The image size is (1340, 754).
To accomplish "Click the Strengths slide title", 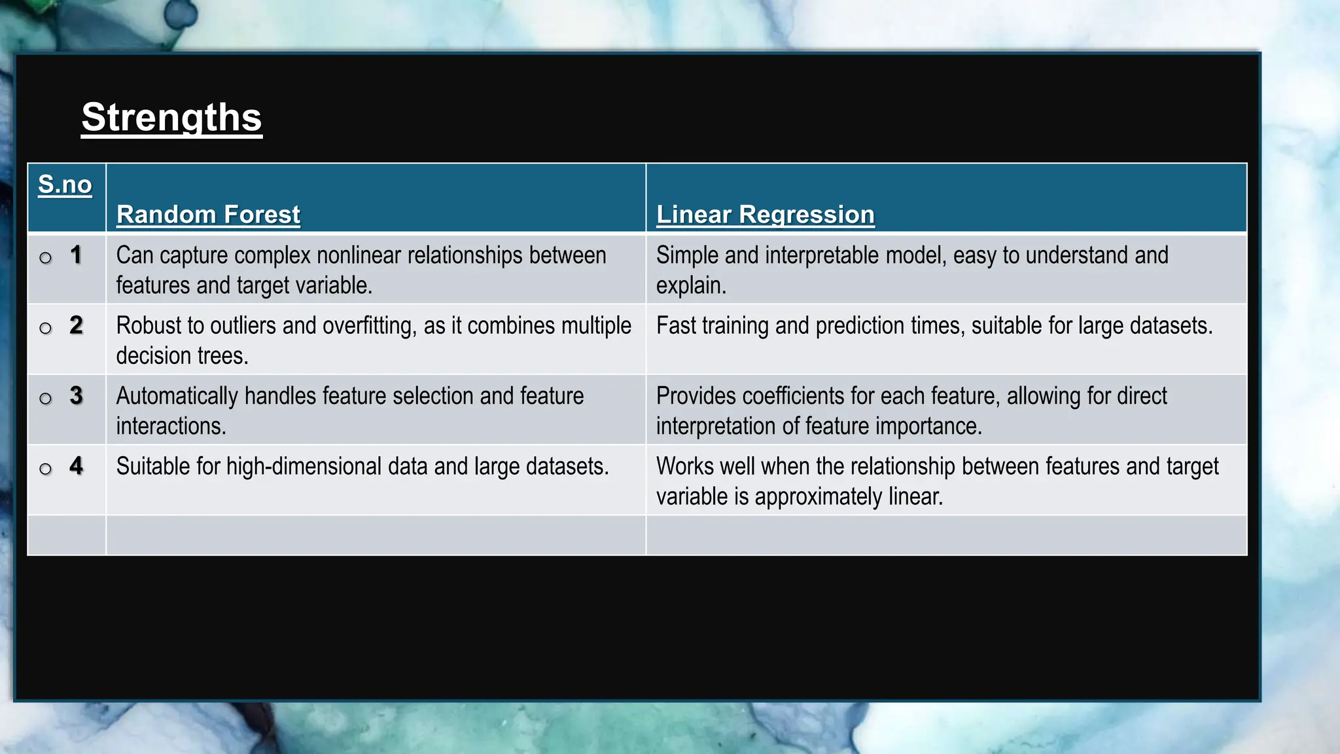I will coord(171,118).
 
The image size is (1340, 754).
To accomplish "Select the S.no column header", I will coord(65,185).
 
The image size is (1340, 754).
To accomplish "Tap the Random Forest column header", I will coord(208,215).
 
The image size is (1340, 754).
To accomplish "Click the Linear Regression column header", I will coord(765,215).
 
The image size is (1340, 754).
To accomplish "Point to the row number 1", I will coord(76,255).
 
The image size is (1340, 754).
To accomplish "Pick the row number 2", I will coord(76,325).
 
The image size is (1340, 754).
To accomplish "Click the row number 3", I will coord(76,395).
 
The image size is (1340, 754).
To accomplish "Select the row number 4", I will coord(76,466).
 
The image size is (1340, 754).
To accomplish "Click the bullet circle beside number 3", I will coord(45,399).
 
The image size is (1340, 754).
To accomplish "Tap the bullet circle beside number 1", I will coord(45,258).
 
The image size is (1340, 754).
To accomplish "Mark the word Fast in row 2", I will coord(676,326).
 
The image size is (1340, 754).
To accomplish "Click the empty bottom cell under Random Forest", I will coord(376,535).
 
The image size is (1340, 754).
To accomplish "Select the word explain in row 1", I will coord(690,286).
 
